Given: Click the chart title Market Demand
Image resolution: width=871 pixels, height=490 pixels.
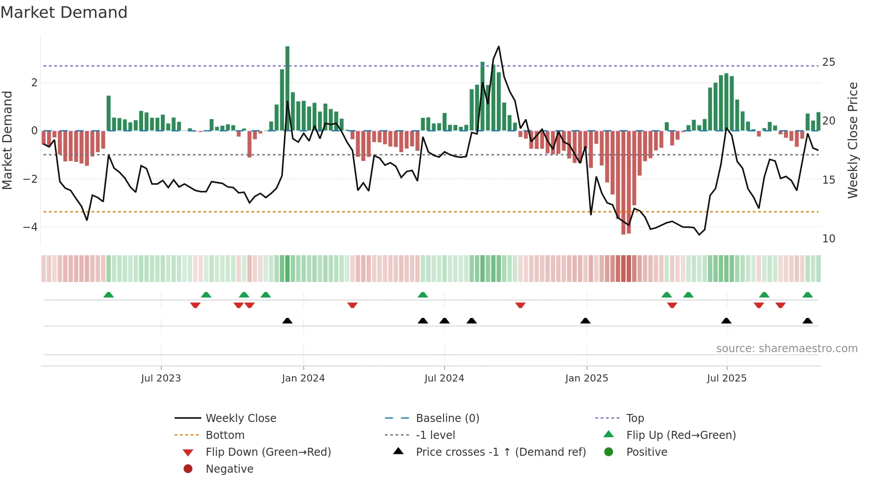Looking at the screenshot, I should pyautogui.click(x=64, y=12).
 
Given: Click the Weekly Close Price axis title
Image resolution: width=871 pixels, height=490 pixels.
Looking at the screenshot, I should pyautogui.click(x=852, y=140).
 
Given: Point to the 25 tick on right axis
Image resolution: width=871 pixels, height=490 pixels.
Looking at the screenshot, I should pyautogui.click(x=828, y=62).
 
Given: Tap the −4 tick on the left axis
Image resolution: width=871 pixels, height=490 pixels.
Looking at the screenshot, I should pyautogui.click(x=30, y=227).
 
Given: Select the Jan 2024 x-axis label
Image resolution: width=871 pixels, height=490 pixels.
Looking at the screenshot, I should pyautogui.click(x=303, y=378).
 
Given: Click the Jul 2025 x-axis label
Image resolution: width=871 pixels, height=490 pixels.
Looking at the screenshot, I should pyautogui.click(x=727, y=378).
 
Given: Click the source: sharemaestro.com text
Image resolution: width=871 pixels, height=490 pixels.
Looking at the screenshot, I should pyautogui.click(x=787, y=349).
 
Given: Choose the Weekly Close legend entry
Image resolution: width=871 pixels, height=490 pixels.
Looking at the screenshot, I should pyautogui.click(x=240, y=418).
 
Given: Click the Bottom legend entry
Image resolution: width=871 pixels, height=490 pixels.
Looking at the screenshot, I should pyautogui.click(x=225, y=435).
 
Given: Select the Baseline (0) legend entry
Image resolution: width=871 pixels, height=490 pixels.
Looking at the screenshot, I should pyautogui.click(x=447, y=418).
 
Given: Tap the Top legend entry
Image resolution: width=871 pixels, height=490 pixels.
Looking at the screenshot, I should pyautogui.click(x=635, y=418).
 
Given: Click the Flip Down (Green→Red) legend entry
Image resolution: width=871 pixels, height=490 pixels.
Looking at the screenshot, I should pyautogui.click(x=268, y=452).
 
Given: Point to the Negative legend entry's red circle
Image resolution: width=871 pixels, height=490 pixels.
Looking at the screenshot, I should pyautogui.click(x=188, y=469).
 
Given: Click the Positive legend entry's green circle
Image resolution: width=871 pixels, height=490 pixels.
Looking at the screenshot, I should pyautogui.click(x=609, y=452).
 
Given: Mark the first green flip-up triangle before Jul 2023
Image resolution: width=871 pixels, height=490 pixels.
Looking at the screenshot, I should pyautogui.click(x=108, y=295).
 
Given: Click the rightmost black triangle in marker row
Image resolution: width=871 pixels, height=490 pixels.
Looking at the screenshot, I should pyautogui.click(x=807, y=321).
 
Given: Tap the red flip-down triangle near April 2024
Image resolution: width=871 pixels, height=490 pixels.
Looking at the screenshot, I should pyautogui.click(x=352, y=305).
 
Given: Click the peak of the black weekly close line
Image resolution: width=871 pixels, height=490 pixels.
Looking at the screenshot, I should pyautogui.click(x=499, y=46).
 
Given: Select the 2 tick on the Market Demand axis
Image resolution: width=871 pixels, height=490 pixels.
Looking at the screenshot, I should pyautogui.click(x=34, y=83).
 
